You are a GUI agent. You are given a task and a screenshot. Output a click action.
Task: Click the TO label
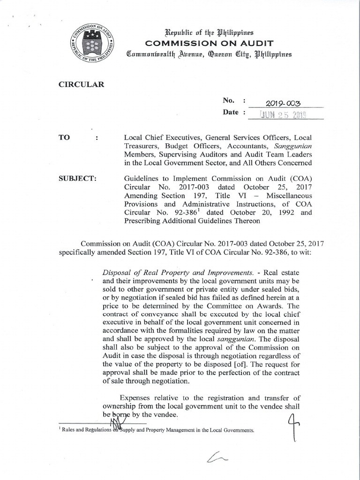pos(63,138)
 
